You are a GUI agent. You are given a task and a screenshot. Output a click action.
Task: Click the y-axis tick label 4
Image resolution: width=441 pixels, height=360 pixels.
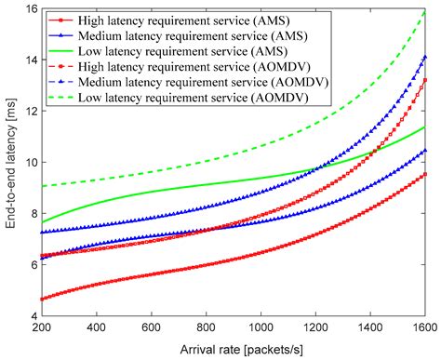tap(33, 316)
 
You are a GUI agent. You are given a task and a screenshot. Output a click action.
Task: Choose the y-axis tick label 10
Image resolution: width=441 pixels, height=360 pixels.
tap(30, 162)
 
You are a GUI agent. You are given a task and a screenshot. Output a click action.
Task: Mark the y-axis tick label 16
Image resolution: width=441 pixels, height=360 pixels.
tap(30, 8)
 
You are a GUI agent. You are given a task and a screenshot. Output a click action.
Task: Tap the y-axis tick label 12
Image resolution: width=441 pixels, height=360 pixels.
tap(30, 111)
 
